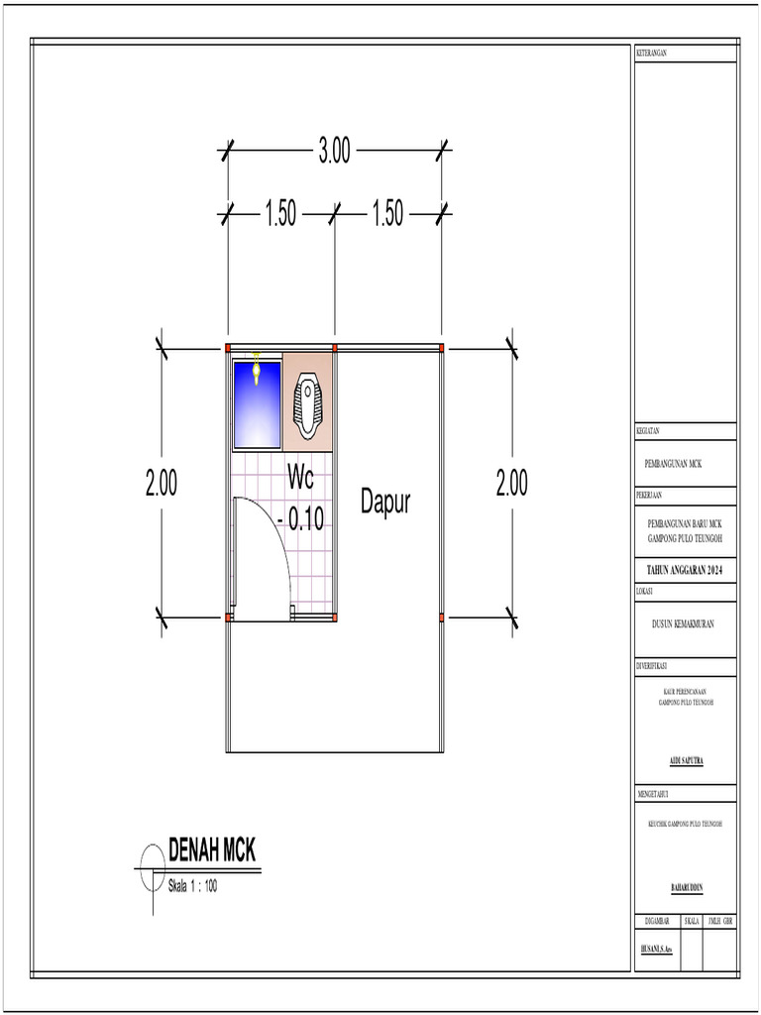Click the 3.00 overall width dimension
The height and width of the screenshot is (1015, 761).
pyautogui.click(x=334, y=153)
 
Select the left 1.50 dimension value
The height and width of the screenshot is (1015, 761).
pyautogui.click(x=280, y=214)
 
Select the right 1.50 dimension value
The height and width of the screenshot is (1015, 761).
pyautogui.click(x=387, y=214)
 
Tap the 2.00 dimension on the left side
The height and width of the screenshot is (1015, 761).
pyautogui.click(x=162, y=484)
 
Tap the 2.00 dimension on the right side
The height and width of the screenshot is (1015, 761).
pyautogui.click(x=512, y=484)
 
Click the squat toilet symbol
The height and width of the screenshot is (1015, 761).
pyautogui.click(x=308, y=404)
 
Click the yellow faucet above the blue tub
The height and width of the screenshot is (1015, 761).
pyautogui.click(x=257, y=369)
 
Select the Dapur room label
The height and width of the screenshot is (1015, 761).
pyautogui.click(x=384, y=503)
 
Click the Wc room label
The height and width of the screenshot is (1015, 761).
pyautogui.click(x=300, y=478)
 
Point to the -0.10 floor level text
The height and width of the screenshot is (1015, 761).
pyautogui.click(x=301, y=518)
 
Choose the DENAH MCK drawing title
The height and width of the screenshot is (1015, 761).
pyautogui.click(x=212, y=850)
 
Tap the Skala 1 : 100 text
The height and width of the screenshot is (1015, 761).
pyautogui.click(x=192, y=886)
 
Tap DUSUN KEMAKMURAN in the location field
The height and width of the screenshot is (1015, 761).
pyautogui.click(x=685, y=624)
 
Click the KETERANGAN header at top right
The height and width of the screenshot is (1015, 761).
pyautogui.click(x=651, y=52)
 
